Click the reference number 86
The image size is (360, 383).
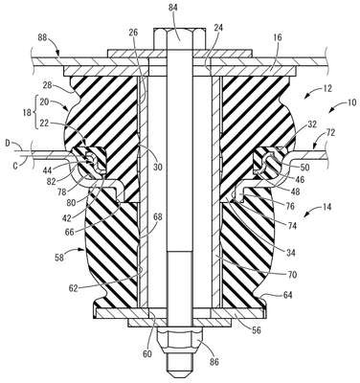pyautogui.click(x=214, y=362)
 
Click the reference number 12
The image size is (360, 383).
pyautogui.click(x=327, y=88)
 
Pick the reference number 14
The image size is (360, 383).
pyautogui.click(x=326, y=207)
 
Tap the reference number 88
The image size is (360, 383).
pyautogui.click(x=42, y=38)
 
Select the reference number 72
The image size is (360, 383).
pyautogui.click(x=330, y=133)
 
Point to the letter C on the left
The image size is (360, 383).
pyautogui.click(x=15, y=165)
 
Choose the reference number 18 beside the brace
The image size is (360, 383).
pyautogui.click(x=28, y=114)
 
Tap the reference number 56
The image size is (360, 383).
pyautogui.click(x=257, y=330)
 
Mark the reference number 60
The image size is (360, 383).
pyautogui.click(x=147, y=354)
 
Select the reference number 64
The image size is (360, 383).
pyautogui.click(x=287, y=295)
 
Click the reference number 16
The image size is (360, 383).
pyautogui.click(x=278, y=37)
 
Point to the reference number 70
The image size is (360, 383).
pyautogui.click(x=292, y=274)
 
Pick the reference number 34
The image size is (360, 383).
pyautogui.click(x=290, y=253)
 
